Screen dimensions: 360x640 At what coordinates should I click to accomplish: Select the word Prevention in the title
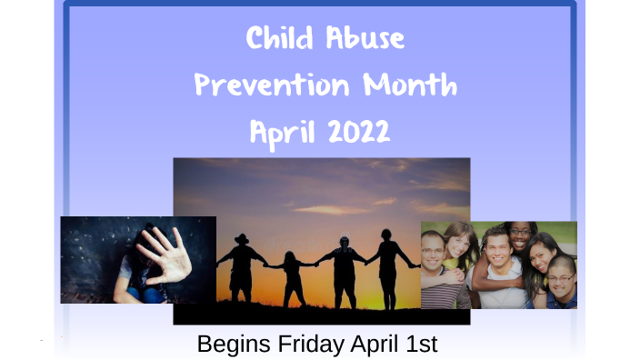[272, 86]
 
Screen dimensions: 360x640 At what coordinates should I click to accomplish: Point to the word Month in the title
[409, 86]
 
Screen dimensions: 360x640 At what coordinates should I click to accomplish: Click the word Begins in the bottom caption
[231, 345]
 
